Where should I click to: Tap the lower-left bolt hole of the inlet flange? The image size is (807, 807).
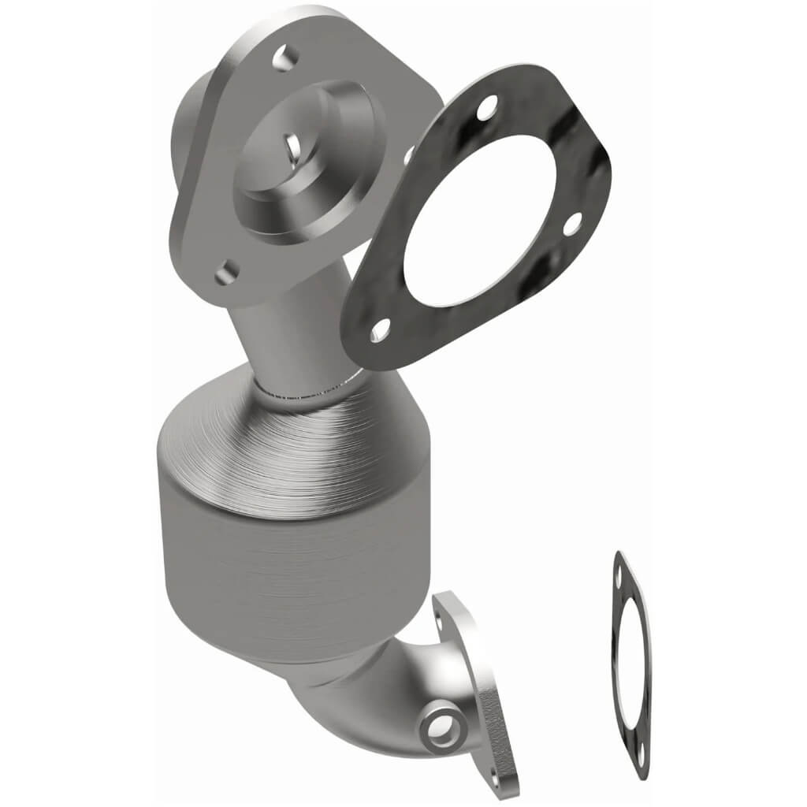click(226, 272)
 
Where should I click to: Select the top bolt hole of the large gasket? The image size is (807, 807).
click(488, 105)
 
